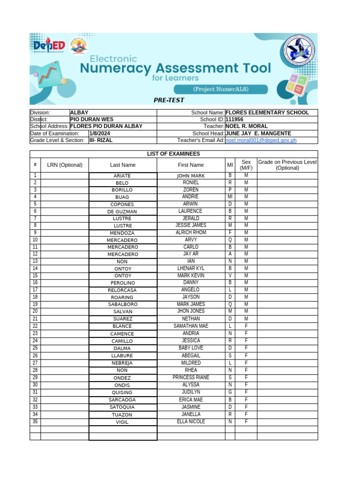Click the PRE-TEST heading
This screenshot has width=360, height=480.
pyautogui.click(x=169, y=100)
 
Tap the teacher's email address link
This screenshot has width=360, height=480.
pyautogui.click(x=261, y=140)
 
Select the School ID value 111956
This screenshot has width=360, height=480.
pyautogui.click(x=235, y=120)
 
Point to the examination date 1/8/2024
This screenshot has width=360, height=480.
pyautogui.click(x=99, y=134)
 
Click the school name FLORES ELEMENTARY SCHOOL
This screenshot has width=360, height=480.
pyautogui.click(x=267, y=112)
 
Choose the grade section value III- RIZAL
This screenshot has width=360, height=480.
pyautogui.click(x=101, y=140)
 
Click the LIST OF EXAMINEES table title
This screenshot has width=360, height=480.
pyautogui.click(x=173, y=154)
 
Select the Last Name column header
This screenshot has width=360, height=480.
pyautogui.click(x=123, y=165)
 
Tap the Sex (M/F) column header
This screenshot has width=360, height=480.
pyautogui.click(x=246, y=165)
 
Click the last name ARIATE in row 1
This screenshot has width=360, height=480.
pyautogui.click(x=122, y=176)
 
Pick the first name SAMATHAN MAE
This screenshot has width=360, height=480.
pyautogui.click(x=191, y=326)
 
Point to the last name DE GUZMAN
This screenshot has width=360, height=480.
pyautogui.click(x=122, y=211)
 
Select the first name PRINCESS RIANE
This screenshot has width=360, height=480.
pyautogui.click(x=191, y=377)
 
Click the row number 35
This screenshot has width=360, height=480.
pyautogui.click(x=35, y=421)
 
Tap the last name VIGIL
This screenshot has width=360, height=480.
pyautogui.click(x=122, y=422)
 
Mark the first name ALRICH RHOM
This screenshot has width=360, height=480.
pyautogui.click(x=191, y=232)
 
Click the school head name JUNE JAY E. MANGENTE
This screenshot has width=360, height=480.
pyautogui.click(x=258, y=134)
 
